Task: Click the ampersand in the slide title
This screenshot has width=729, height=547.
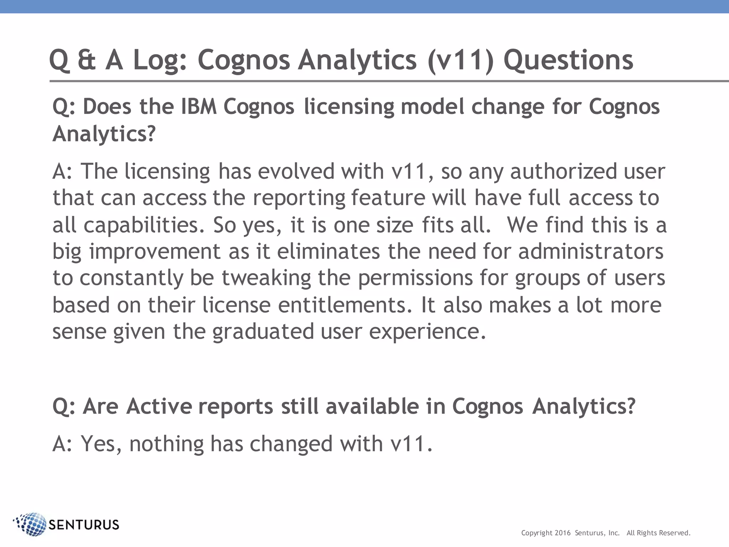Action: click(86, 60)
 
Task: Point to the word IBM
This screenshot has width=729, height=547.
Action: click(199, 106)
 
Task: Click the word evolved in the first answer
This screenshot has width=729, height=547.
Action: click(296, 171)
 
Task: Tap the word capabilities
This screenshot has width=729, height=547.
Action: click(144, 225)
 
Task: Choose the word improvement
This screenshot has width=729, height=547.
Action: click(155, 252)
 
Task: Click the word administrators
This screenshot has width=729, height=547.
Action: click(591, 251)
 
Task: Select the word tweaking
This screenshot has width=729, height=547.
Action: click(266, 278)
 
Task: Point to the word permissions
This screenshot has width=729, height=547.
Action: click(415, 278)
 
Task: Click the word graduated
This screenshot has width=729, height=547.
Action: click(263, 332)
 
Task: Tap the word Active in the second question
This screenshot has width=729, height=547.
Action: click(159, 406)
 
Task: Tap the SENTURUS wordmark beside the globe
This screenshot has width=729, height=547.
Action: click(84, 525)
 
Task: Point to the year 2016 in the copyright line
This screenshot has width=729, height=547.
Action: click(562, 533)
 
